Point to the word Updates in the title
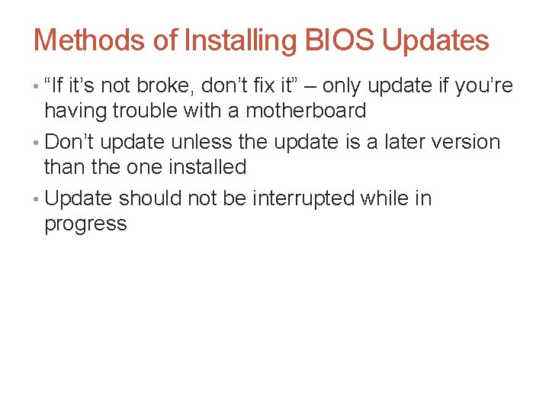point(435,40)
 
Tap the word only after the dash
point(367,85)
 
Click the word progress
point(85,224)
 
